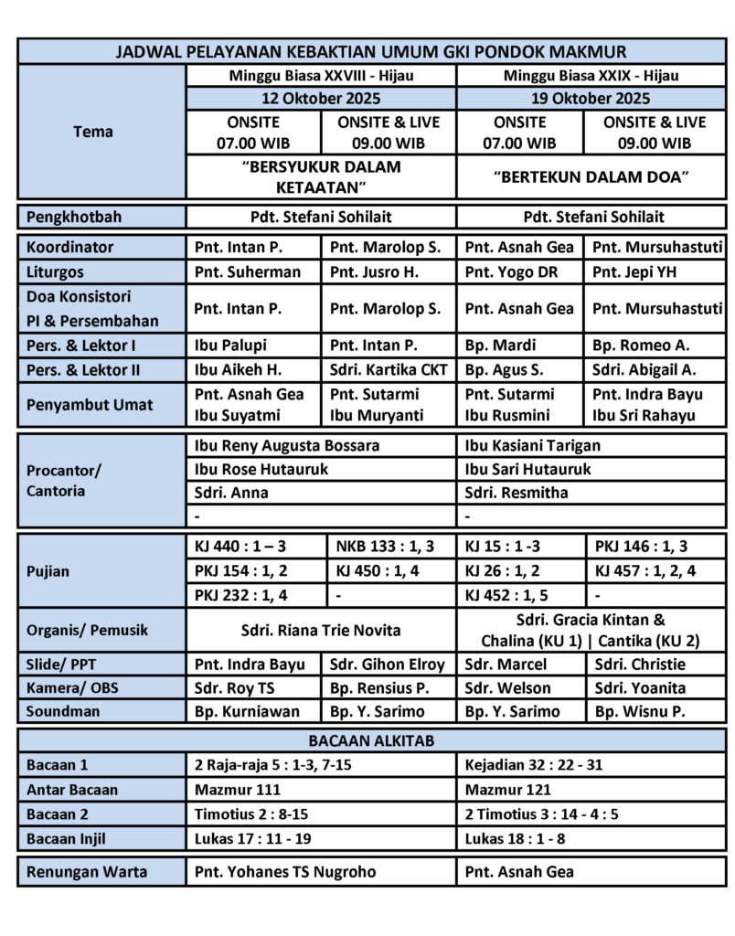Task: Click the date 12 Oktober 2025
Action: [320, 99]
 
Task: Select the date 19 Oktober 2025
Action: [591, 99]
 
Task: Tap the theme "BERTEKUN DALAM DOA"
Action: [591, 177]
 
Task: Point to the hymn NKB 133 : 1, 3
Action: [384, 547]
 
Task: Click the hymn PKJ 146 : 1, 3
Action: [642, 547]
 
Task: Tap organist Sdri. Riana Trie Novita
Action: [320, 630]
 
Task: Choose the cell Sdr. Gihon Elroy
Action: [386, 665]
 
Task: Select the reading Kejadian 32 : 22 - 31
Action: [534, 765]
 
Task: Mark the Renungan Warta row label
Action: [87, 871]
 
